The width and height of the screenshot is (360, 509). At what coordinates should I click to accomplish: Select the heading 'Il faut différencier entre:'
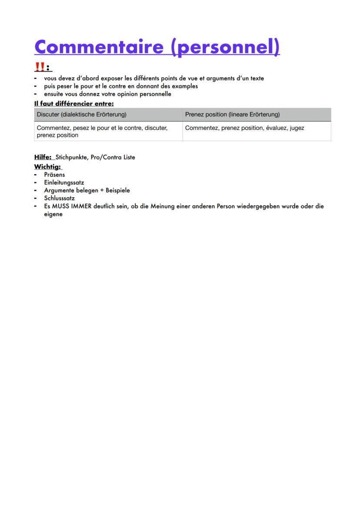click(x=74, y=104)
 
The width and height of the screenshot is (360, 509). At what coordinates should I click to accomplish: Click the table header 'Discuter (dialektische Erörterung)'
click(x=82, y=115)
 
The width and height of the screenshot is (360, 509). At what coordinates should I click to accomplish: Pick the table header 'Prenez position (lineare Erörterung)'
click(x=232, y=115)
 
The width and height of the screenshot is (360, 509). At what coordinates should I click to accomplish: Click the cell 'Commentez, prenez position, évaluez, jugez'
click(x=244, y=128)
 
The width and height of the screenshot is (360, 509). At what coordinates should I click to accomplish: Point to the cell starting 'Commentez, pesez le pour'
click(x=102, y=131)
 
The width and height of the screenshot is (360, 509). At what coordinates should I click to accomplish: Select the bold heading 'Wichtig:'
click(x=48, y=166)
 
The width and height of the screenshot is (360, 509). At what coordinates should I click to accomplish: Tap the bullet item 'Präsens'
click(x=54, y=175)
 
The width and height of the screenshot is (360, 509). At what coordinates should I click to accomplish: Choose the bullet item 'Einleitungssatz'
click(x=64, y=183)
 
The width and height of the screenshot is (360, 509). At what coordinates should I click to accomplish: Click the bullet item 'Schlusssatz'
click(x=59, y=198)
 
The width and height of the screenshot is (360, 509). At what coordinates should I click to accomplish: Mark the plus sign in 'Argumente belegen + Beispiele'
click(x=102, y=190)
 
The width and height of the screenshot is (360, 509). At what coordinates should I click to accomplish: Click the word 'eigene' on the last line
click(x=53, y=214)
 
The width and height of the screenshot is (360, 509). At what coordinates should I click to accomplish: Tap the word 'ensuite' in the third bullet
click(x=53, y=94)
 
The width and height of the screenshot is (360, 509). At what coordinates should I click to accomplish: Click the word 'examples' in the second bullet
click(x=186, y=86)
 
